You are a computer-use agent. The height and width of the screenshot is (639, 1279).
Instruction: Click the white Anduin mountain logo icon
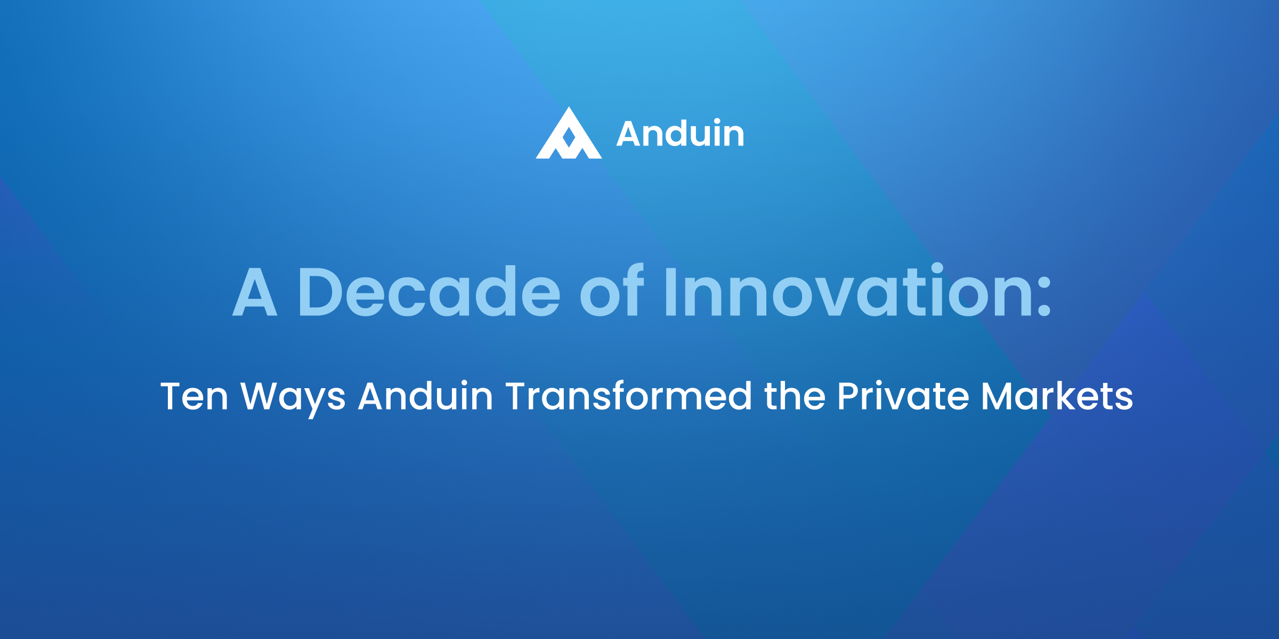pos(569,136)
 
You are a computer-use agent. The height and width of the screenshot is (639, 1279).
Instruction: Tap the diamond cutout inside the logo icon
pos(569,137)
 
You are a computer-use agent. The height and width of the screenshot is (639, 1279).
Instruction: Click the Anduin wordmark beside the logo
pos(680,134)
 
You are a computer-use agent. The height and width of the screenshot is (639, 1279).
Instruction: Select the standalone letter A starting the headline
pos(255,292)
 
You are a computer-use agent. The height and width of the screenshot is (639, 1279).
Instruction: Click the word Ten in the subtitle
pos(195,397)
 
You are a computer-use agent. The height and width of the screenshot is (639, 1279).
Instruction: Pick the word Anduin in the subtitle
pos(425,397)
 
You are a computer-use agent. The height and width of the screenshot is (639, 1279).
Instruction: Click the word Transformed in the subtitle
pos(629,397)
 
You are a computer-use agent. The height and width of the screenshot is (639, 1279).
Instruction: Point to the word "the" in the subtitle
pos(795,397)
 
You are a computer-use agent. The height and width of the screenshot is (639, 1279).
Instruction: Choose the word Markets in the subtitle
pos(1057,397)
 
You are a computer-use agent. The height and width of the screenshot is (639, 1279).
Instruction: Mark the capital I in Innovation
pos(671,292)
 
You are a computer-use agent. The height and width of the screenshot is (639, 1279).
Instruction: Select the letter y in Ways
pos(314,402)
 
